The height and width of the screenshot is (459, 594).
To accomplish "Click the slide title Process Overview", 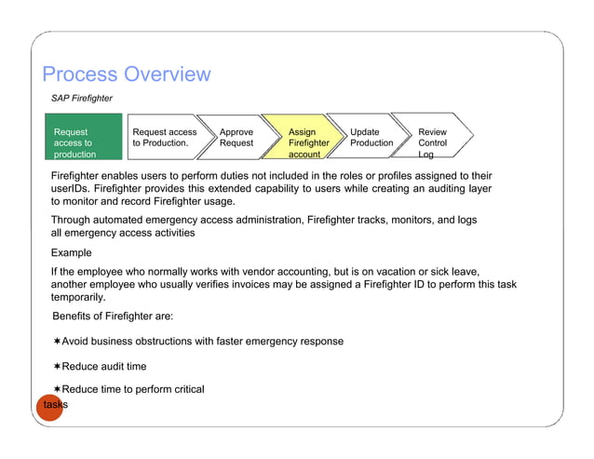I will point(127,74).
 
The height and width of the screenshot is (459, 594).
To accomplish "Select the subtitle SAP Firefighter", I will point(81,98).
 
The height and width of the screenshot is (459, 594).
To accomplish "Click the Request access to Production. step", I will point(165,139).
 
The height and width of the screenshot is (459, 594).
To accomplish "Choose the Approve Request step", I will point(236,139).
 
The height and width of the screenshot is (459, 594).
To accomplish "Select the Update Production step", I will point(371,139).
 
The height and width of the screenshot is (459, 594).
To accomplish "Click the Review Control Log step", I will point(434,142).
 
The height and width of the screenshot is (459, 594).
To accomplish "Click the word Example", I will point(72,252).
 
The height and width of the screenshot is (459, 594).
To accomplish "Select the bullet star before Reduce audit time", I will point(57,367).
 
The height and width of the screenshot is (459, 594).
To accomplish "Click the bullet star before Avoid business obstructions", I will point(57,342).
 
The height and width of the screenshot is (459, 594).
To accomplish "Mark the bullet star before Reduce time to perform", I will point(57,389).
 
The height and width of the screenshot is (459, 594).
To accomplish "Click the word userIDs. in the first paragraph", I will point(71,188).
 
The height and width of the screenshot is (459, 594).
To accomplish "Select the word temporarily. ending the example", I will point(77,298).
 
